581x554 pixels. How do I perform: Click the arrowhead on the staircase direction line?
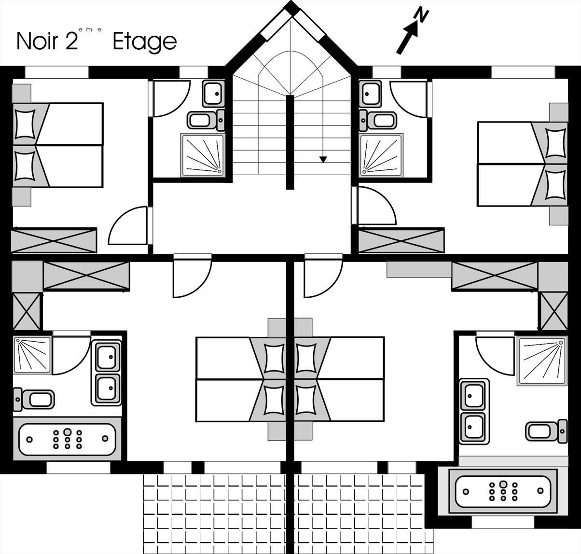click(x=323, y=159)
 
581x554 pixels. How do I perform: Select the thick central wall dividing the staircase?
click(x=290, y=142)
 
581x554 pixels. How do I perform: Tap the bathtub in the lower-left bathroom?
click(x=67, y=439)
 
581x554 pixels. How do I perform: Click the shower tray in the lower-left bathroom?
click(x=32, y=355)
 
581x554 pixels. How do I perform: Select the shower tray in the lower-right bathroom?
click(x=541, y=360)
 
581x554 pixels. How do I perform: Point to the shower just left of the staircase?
click(x=203, y=155)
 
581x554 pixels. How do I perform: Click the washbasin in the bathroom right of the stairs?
click(x=371, y=93)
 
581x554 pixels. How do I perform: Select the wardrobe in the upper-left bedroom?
click(x=54, y=240)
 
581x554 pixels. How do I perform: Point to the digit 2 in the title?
click(x=72, y=42)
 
